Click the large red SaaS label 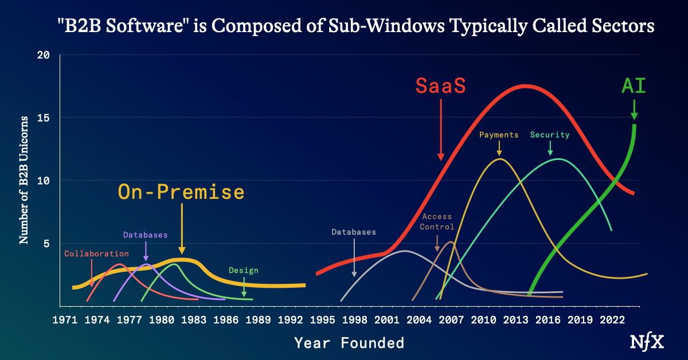point(440,86)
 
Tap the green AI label point(634,86)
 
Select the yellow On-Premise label point(181,192)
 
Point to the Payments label point(499,135)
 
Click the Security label point(550,135)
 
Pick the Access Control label point(437,222)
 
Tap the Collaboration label point(96,253)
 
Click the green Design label point(243,271)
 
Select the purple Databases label point(145,235)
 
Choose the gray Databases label point(354,232)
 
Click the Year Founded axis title point(349,343)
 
